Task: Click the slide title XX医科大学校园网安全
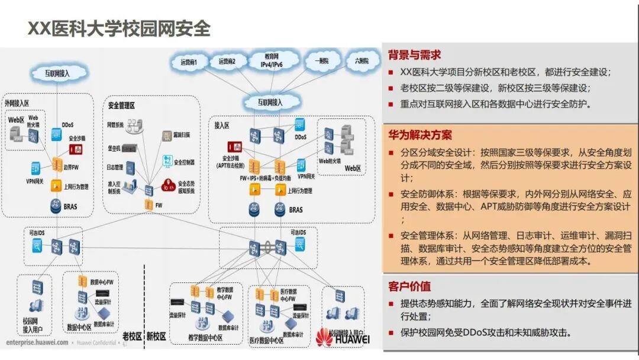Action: pos(119,28)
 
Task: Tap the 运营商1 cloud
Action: pos(193,62)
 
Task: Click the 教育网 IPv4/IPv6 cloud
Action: pos(272,60)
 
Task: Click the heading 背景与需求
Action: pos(414,55)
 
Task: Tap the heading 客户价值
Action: pos(409,287)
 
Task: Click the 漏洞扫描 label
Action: pos(182,135)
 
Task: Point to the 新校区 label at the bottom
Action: pos(156,336)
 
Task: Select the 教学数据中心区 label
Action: pos(205,337)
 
